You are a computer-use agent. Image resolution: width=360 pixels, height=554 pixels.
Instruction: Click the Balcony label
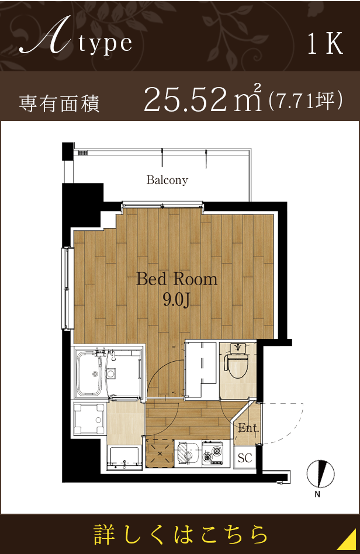(x=167, y=180)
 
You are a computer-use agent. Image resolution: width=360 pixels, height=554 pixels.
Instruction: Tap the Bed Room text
(x=176, y=279)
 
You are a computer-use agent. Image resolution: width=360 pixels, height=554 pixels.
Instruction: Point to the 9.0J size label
(x=176, y=300)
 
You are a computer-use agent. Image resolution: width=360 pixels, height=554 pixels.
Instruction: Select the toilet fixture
(x=237, y=363)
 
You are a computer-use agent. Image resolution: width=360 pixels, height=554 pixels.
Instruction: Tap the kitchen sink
(x=188, y=453)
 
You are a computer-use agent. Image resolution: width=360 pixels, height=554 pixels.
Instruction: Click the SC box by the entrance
(x=244, y=458)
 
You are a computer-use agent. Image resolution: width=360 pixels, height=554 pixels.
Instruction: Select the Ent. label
(x=248, y=428)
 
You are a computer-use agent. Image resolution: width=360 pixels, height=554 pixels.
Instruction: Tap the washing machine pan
(x=90, y=418)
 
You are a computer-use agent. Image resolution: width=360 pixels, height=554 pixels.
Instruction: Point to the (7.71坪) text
(x=304, y=101)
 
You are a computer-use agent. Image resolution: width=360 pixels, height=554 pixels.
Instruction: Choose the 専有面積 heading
(x=59, y=103)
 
